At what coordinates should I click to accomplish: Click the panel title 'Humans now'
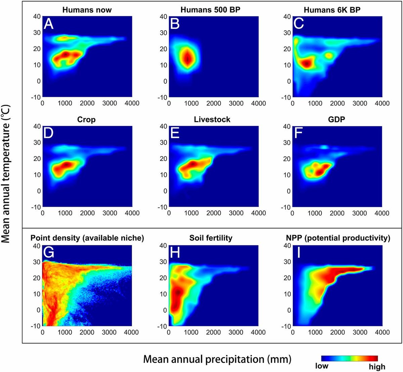coord(87,9)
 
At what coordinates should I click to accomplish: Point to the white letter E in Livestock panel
coord(175,134)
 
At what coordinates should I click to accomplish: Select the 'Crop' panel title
coord(86,120)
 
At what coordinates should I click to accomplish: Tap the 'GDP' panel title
coord(337,120)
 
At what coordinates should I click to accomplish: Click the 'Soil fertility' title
coord(211,238)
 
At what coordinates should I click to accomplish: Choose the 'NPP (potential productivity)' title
coord(337,238)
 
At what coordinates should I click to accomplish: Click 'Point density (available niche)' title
coord(87,238)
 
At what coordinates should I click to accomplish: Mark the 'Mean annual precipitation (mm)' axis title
coord(217,359)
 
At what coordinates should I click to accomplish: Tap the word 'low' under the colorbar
coord(322,366)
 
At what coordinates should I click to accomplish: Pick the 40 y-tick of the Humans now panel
coord(36,16)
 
